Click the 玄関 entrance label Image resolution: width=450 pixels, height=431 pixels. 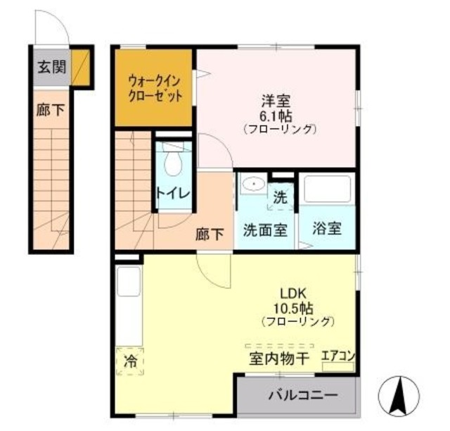pyautogui.click(x=51, y=68)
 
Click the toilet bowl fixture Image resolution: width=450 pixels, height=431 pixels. pyautogui.click(x=171, y=163)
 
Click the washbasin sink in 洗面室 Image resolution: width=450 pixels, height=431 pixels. pyautogui.click(x=251, y=185)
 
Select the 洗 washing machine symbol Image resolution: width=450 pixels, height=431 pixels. pyautogui.click(x=281, y=198)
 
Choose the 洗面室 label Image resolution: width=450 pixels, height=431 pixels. pyautogui.click(x=265, y=230)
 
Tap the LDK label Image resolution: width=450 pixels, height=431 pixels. pyautogui.click(x=295, y=293)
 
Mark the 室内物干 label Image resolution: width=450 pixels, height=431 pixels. pyautogui.click(x=278, y=358)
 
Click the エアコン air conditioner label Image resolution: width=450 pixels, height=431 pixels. pyautogui.click(x=338, y=356)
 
